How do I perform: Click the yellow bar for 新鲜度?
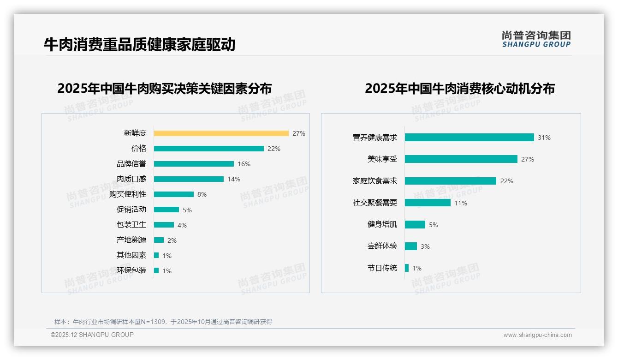[221, 133]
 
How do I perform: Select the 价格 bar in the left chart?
[208, 149]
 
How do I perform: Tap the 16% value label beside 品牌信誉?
[244, 164]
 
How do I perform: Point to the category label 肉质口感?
[131, 179]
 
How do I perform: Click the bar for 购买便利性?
[174, 194]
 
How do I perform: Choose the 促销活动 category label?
[131, 209]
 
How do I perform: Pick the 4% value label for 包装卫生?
[182, 225]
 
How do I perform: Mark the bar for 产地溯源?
[159, 240]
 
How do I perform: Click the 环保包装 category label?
[131, 270]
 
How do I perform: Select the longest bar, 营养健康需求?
[469, 137]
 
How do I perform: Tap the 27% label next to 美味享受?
[528, 159]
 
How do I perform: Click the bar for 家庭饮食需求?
[450, 181]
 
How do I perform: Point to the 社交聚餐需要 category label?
[375, 203]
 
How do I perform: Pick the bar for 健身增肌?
[415, 224]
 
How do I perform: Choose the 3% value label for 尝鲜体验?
[425, 246]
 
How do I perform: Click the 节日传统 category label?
[382, 268]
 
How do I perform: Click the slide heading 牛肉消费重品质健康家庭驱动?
[140, 44]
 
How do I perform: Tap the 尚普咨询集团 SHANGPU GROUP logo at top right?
[536, 39]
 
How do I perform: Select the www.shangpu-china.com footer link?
[537, 335]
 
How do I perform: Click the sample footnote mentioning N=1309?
[163, 322]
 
